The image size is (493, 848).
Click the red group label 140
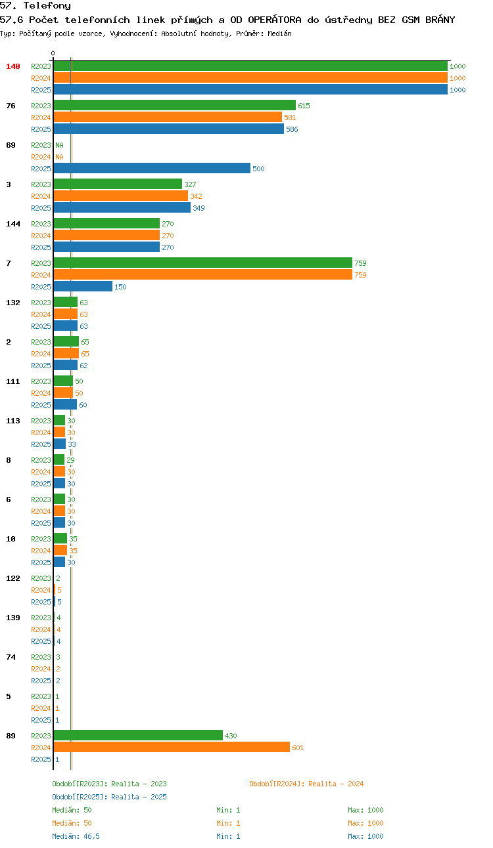click(x=13, y=66)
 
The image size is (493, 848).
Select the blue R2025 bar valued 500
click(x=152, y=168)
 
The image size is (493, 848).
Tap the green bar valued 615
click(x=174, y=105)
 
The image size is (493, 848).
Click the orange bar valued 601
click(x=172, y=748)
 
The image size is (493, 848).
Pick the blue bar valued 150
click(x=83, y=286)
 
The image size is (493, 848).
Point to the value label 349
click(x=199, y=208)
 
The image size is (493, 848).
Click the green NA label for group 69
click(x=60, y=145)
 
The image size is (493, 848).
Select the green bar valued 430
click(x=138, y=735)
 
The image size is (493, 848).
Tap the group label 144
click(x=13, y=224)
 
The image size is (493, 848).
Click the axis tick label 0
click(x=53, y=53)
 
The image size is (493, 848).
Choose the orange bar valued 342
click(x=120, y=196)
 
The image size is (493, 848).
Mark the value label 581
click(x=290, y=117)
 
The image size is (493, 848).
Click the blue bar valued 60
click(x=65, y=404)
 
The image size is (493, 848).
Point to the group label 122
click(x=13, y=578)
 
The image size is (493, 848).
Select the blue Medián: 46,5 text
click(x=76, y=836)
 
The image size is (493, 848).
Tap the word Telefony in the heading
click(x=47, y=6)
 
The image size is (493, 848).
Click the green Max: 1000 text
click(x=365, y=810)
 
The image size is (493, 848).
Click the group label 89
click(x=11, y=736)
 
